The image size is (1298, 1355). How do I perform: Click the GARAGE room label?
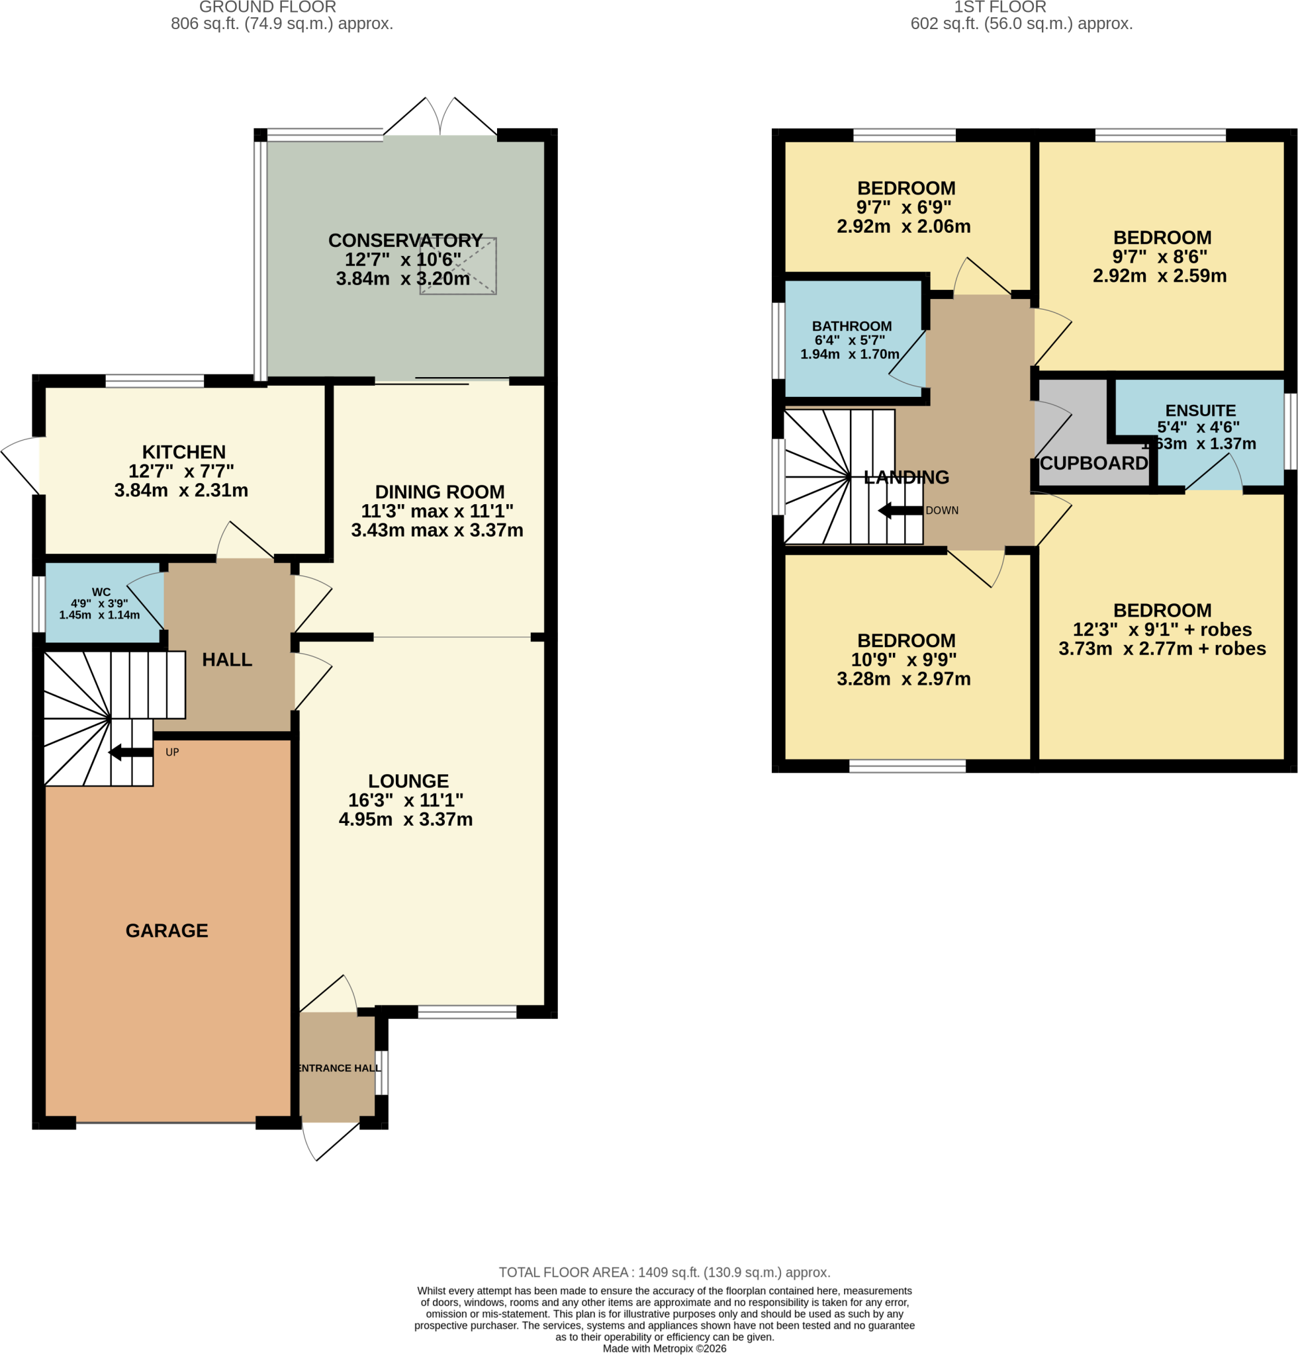click(167, 930)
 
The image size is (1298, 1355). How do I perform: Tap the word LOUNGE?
click(408, 781)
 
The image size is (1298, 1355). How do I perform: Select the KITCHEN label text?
click(184, 452)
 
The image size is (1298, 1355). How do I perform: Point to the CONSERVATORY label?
click(405, 241)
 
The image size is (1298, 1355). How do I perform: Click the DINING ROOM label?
click(440, 492)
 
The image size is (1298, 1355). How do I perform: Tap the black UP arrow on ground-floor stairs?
click(130, 752)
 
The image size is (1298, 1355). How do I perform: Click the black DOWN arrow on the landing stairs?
click(900, 511)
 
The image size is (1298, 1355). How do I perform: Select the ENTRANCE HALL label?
click(339, 1068)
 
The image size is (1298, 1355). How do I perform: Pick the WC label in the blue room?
click(101, 592)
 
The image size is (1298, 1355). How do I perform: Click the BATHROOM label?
click(852, 326)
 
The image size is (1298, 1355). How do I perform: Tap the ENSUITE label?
click(1201, 411)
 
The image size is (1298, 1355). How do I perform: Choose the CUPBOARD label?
click(1094, 463)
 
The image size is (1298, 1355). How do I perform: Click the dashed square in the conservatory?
click(458, 266)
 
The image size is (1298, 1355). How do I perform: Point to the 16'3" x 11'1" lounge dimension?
click(406, 801)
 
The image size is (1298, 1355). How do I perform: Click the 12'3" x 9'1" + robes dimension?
click(1162, 630)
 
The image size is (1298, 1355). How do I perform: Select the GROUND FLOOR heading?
click(267, 7)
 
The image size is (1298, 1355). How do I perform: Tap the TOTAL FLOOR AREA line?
click(665, 1273)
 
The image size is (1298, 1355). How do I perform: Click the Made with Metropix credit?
click(665, 1349)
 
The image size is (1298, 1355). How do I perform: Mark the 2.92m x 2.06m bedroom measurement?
click(904, 227)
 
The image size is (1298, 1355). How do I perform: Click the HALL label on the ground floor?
click(227, 660)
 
